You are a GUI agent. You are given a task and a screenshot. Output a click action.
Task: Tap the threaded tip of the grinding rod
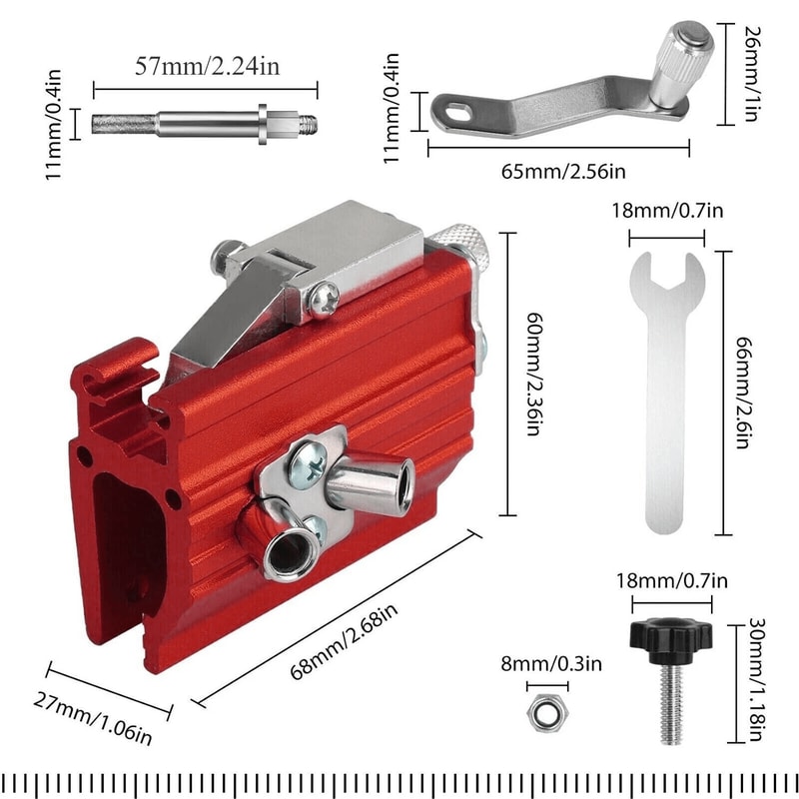coord(308,123)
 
